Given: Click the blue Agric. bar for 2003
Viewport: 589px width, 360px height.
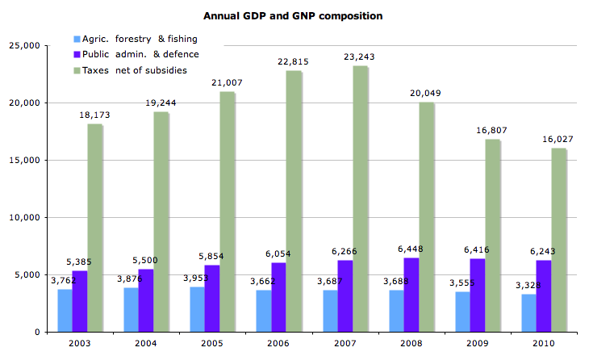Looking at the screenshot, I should [x=65, y=310].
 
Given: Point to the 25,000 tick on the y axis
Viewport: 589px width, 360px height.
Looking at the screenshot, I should [x=27, y=46].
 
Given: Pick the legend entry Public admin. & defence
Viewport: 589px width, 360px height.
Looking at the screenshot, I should [x=138, y=54].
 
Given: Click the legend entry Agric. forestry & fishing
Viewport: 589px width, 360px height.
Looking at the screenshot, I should [x=137, y=39].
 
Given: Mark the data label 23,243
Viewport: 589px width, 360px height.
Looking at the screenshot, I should [x=360, y=57].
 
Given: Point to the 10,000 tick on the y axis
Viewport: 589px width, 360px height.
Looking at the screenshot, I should [x=27, y=217].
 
